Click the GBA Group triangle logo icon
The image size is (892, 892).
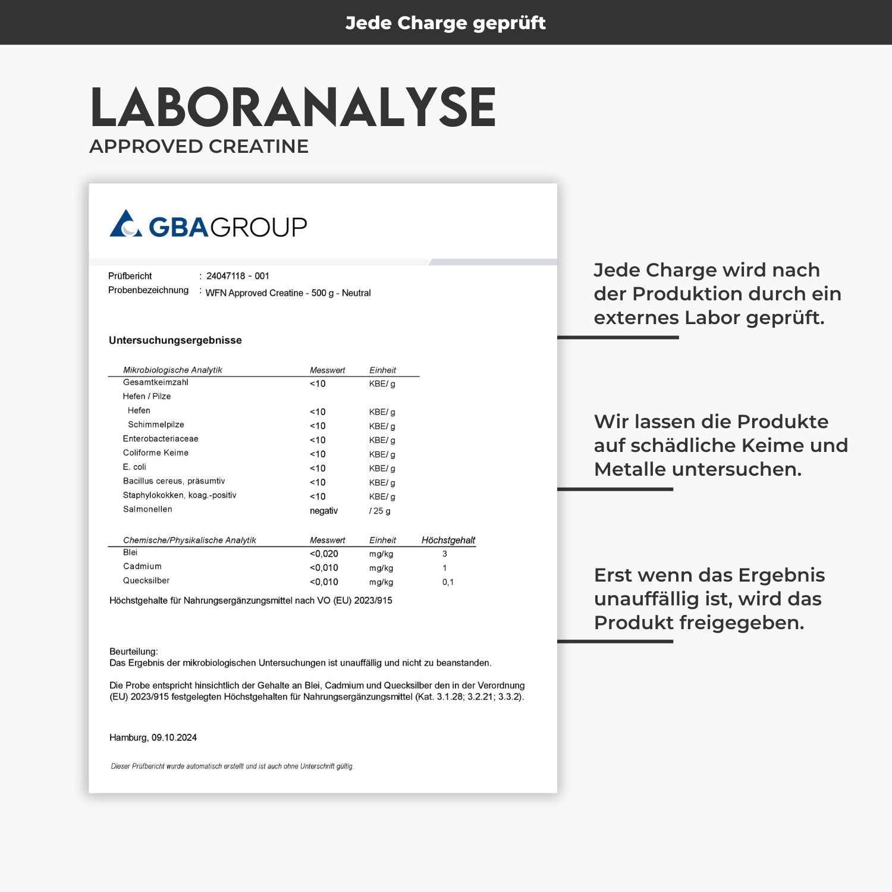[x=125, y=224]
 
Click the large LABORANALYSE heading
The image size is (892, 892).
[x=293, y=108]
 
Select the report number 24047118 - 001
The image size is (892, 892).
[x=238, y=276]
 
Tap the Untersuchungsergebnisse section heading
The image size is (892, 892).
[x=175, y=340]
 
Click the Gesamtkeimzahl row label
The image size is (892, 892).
[x=155, y=382]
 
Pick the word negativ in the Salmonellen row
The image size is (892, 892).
[x=323, y=511]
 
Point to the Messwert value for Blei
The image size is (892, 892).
[x=323, y=554]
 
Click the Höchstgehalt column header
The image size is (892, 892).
[x=448, y=540]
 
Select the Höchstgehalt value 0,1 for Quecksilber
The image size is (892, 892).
[x=448, y=582]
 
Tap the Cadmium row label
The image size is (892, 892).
[x=142, y=567]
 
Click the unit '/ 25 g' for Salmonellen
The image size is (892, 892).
[x=379, y=511]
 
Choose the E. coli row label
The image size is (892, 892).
[x=134, y=467]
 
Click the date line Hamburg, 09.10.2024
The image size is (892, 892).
[x=153, y=737]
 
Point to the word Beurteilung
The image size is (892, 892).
[x=133, y=652]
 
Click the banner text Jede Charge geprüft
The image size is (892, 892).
[x=445, y=23]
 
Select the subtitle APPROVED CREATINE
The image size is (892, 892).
[x=199, y=146]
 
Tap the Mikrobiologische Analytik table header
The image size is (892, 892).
[x=172, y=370]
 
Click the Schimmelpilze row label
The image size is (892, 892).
[x=156, y=425]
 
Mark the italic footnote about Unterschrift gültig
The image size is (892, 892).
[x=232, y=767]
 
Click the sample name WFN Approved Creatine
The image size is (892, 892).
[x=288, y=293]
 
